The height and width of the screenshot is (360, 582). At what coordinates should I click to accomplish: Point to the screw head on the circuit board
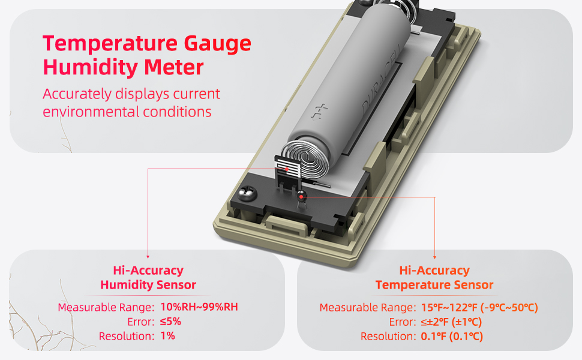coord(247,196)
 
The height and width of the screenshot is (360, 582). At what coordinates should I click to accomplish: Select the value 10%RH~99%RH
coord(199,308)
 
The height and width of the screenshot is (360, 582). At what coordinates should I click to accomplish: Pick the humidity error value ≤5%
coord(170,322)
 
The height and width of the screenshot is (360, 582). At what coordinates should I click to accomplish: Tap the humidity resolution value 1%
coord(167,336)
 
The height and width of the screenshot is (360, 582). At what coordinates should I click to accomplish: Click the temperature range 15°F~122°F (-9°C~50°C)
coord(478,308)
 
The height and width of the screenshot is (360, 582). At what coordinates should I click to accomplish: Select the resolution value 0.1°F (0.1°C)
coord(449,337)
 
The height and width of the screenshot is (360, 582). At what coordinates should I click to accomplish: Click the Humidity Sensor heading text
coord(148,284)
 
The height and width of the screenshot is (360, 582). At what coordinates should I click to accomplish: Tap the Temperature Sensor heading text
coord(434,284)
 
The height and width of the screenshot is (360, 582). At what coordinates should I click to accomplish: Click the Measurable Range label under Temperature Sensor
coord(367,308)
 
